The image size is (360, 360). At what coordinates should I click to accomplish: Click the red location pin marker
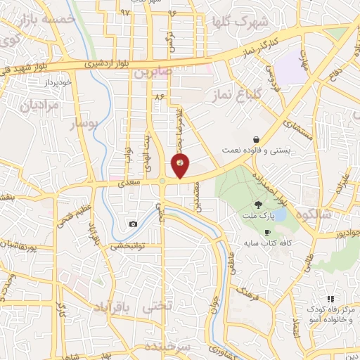(181, 166)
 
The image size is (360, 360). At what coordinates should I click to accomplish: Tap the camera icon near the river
(133, 224)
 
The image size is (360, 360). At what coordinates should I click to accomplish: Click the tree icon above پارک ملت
(259, 204)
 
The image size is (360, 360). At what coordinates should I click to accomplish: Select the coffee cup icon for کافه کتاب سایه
(267, 232)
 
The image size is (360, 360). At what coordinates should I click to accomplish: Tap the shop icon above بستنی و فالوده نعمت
(257, 139)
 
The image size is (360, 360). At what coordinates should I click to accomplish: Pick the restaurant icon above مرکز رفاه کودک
(330, 299)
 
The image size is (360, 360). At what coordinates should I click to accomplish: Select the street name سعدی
(131, 183)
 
